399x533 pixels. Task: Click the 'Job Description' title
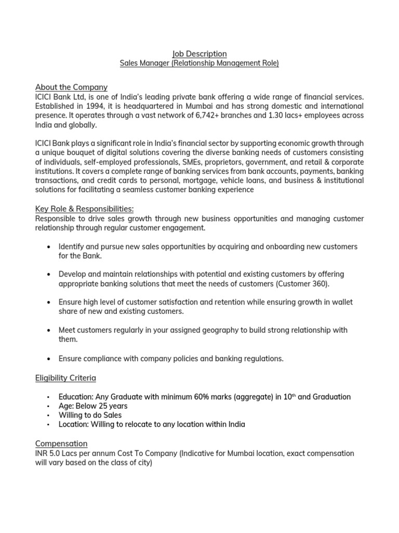pyautogui.click(x=199, y=54)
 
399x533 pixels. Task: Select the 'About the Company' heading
pyautogui.click(x=71, y=87)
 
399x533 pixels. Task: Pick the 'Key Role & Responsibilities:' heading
pyautogui.click(x=84, y=209)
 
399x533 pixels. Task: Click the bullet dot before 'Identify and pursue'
pyautogui.click(x=48, y=246)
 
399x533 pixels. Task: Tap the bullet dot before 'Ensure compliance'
pyautogui.click(x=48, y=359)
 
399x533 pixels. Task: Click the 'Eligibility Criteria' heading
pyautogui.click(x=65, y=377)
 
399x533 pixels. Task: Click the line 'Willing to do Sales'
pyautogui.click(x=90, y=415)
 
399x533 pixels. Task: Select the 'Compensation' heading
pyautogui.click(x=61, y=443)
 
